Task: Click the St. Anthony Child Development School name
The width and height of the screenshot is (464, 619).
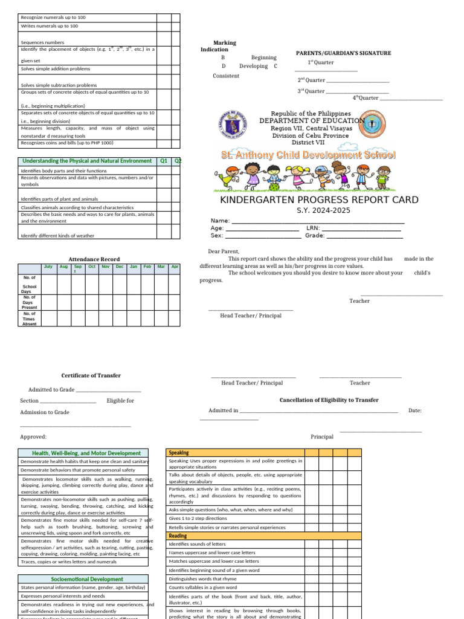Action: [x=308, y=155]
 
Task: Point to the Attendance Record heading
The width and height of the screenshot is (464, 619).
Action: [x=94, y=259]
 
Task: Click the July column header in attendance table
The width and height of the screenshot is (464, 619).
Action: [x=49, y=267]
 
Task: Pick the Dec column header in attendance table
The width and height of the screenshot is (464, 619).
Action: [x=120, y=267]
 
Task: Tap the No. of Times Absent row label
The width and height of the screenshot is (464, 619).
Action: [x=29, y=319]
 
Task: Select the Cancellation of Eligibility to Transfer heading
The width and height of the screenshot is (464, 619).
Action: [x=329, y=400]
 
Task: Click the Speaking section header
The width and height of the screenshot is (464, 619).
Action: [x=179, y=452]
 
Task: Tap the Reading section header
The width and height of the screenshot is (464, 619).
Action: [x=178, y=536]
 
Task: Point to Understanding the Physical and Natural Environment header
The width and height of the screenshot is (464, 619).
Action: [x=87, y=161]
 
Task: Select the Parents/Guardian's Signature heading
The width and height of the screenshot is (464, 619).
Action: [x=343, y=53]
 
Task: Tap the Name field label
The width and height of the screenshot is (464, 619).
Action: [x=220, y=221]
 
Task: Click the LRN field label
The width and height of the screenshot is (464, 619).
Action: [x=312, y=228]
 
